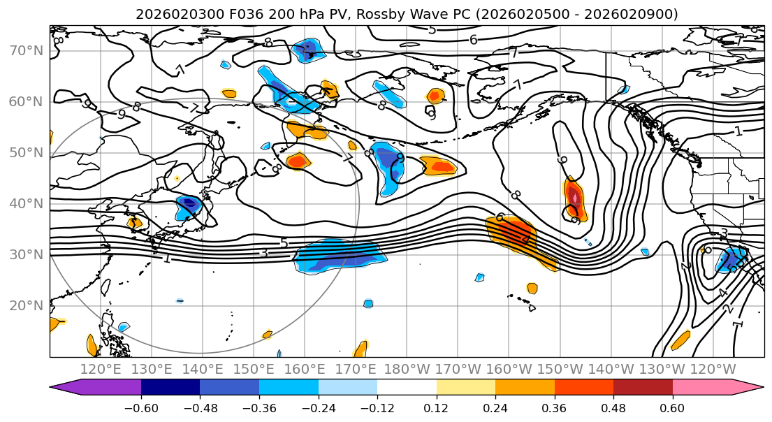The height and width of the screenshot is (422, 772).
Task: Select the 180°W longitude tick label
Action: click(x=407, y=369)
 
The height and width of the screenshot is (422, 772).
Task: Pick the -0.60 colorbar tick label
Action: click(x=141, y=407)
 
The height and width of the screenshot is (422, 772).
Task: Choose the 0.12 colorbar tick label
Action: click(x=436, y=407)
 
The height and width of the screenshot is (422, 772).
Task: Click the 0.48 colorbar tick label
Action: click(x=613, y=407)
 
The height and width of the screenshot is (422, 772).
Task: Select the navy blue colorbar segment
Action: click(x=170, y=388)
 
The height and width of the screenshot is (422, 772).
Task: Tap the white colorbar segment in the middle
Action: click(x=407, y=388)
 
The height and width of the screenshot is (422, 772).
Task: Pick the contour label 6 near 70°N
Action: click(x=473, y=40)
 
